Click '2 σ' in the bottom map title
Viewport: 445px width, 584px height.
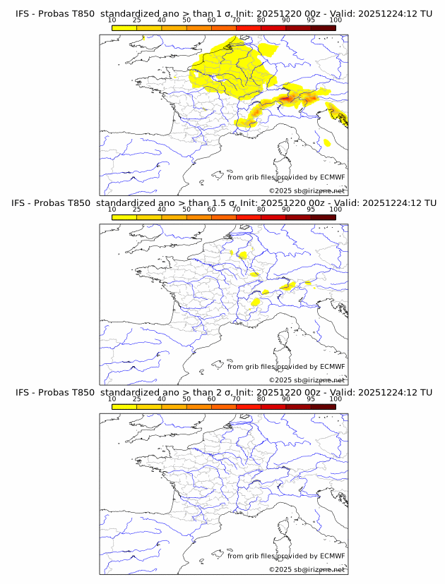pyautogui.click(x=217, y=393)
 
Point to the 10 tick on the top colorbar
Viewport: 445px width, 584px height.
pyautogui.click(x=112, y=20)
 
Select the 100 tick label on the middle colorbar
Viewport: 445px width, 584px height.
pyautogui.click(x=336, y=209)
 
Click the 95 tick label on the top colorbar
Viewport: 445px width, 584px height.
pyautogui.click(x=311, y=20)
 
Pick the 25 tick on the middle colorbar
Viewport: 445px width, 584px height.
pyautogui.click(x=137, y=209)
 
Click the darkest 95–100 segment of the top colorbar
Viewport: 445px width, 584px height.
pyautogui.click(x=323, y=28)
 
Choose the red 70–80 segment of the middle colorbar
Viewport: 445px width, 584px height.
pyautogui.click(x=248, y=217)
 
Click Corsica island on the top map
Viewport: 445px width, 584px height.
pyautogui.click(x=284, y=149)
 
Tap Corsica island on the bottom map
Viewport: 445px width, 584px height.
pyautogui.click(x=284, y=528)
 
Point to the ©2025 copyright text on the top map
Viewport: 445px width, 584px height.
pyautogui.click(x=307, y=190)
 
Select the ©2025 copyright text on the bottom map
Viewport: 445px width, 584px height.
pyautogui.click(x=307, y=569)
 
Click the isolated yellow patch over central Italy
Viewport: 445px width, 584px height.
pyautogui.click(x=326, y=143)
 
